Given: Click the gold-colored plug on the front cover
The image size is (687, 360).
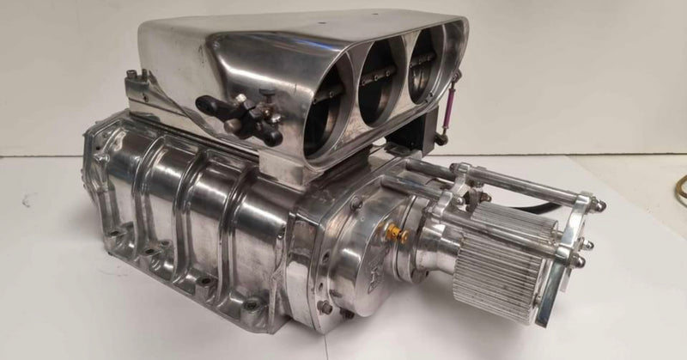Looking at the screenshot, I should tap(398, 232).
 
